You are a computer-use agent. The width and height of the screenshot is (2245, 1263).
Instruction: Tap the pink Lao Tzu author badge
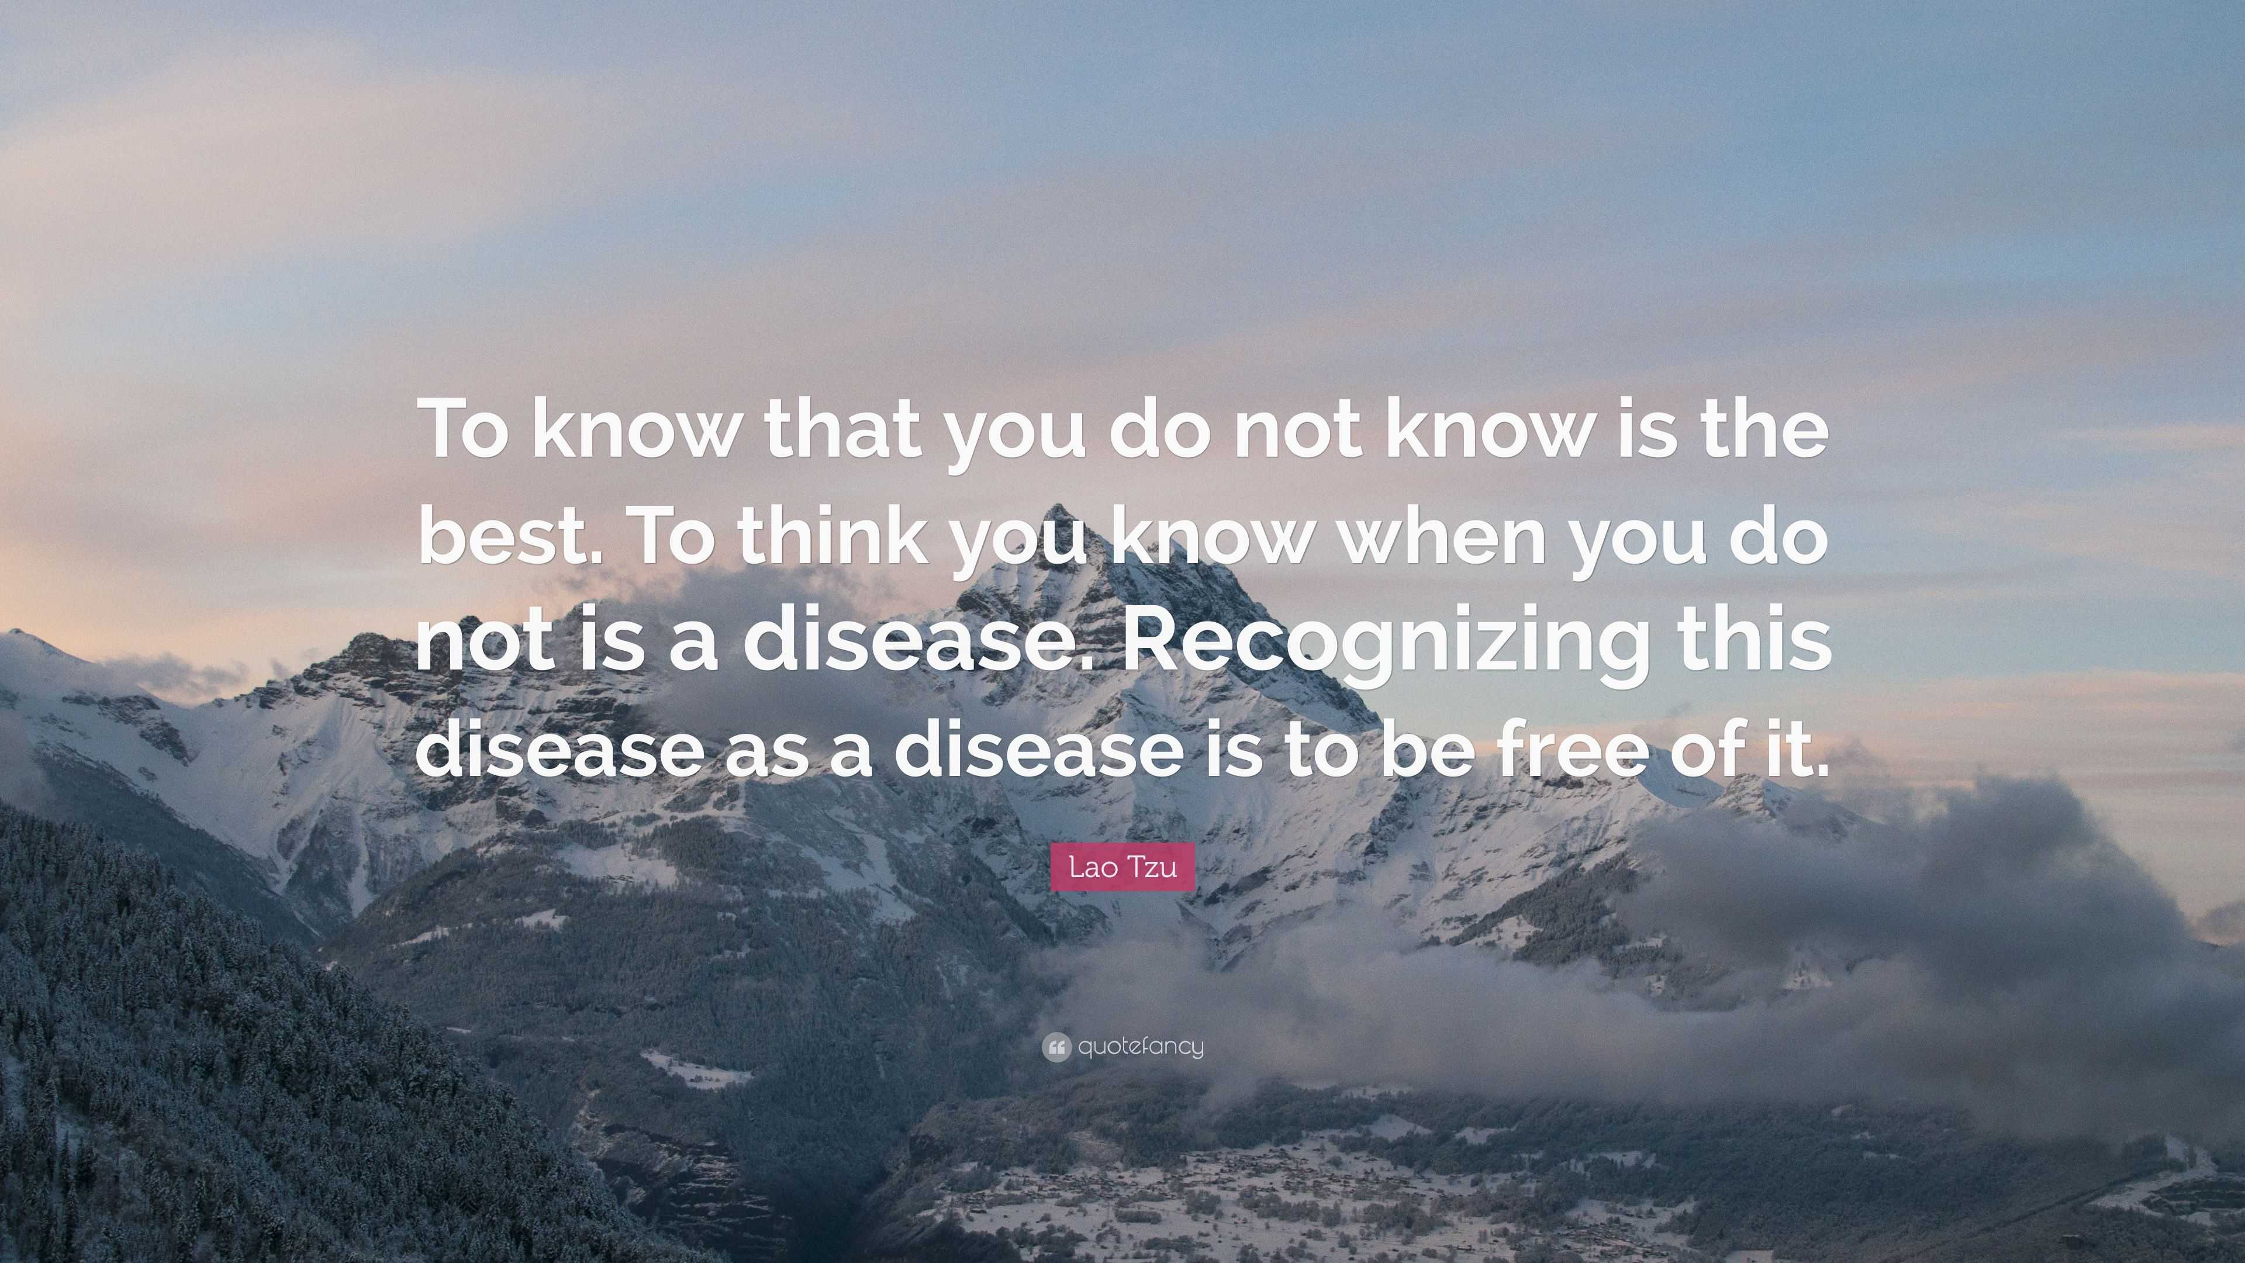(1122, 867)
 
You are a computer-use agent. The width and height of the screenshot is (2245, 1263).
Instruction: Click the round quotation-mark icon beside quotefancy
(1055, 1047)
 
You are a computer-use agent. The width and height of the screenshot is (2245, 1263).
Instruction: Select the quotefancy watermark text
(1141, 1046)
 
